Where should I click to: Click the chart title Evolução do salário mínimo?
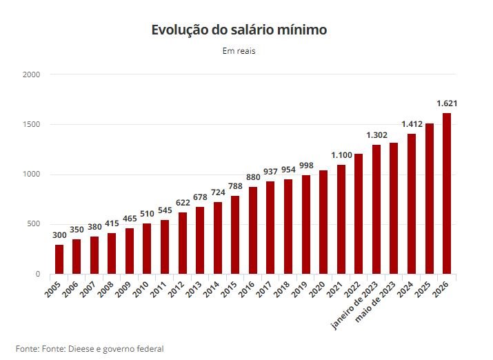click(239, 30)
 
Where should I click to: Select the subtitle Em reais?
click(239, 51)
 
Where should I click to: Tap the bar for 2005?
click(59, 259)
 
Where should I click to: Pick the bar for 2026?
click(447, 193)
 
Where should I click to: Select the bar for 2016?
click(252, 230)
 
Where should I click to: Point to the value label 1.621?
click(447, 103)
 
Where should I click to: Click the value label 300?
click(59, 235)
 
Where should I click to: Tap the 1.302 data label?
click(376, 135)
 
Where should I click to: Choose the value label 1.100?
click(341, 155)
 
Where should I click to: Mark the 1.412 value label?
click(412, 124)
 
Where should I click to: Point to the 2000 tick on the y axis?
click(31, 74)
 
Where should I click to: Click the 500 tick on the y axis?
click(33, 224)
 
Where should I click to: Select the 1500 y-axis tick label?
click(31, 124)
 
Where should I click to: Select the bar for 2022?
click(359, 214)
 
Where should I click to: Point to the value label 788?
click(235, 186)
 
